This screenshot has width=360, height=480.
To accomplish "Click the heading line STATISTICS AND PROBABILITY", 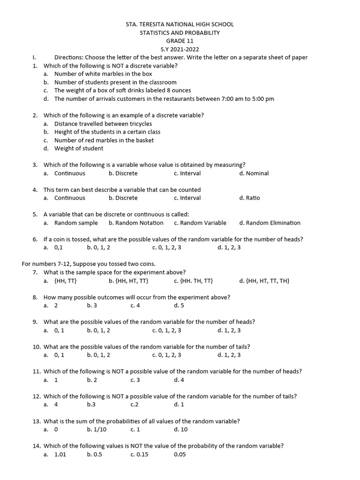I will tap(180, 33).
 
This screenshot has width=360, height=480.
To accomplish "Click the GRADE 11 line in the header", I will tap(180, 41).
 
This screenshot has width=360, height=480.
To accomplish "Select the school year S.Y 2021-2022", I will tap(180, 49).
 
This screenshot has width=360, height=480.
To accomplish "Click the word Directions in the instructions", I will tap(69, 57).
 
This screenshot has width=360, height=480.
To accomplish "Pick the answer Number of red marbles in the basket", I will tap(104, 140).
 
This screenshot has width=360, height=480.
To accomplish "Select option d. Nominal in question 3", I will tap(254, 173).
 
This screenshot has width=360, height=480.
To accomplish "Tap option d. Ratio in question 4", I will tap(249, 198).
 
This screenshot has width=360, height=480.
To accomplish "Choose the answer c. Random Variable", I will tap(200, 223).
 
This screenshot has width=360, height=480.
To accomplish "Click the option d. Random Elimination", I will tap(270, 223).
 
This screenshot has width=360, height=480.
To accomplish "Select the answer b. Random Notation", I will tap(136, 223).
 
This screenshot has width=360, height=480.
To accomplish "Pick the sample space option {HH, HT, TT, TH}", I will tap(264, 281).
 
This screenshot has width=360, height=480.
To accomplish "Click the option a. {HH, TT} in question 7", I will tap(65, 281).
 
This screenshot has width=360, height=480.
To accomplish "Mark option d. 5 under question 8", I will tap(179, 306).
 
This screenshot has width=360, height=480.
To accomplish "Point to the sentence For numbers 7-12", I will tap(88, 264).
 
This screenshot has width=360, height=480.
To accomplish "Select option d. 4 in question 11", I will tap(179, 380).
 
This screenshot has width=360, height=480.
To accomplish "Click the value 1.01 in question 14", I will tap(60, 454).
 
